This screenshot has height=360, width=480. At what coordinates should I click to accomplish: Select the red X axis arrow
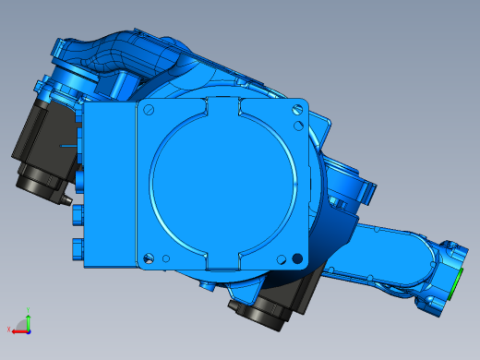18,330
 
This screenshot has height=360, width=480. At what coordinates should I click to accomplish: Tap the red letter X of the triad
8,330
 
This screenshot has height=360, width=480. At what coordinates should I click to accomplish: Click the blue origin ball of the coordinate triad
28,329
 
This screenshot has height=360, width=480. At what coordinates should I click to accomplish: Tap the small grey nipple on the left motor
66,198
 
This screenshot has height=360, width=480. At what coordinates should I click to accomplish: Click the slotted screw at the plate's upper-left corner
150,109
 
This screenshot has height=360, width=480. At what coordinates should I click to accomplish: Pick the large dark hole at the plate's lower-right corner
296,257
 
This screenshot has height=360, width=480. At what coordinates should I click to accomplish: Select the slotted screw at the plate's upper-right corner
295,110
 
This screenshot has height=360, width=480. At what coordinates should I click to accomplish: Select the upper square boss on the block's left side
78,214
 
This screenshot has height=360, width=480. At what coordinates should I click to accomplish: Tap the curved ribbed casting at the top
138,60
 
